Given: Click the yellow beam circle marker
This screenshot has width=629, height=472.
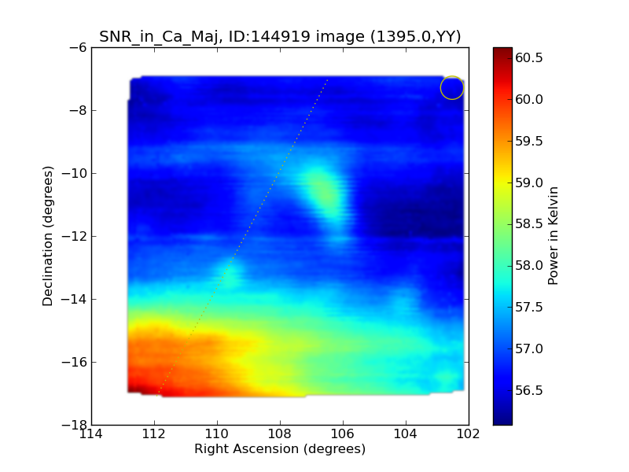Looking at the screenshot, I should click(x=452, y=87).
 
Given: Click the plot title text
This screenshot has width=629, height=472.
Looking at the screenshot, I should click(x=280, y=36).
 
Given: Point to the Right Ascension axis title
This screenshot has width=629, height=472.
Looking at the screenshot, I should click(x=280, y=449).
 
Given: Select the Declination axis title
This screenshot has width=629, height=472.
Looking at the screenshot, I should click(x=49, y=236).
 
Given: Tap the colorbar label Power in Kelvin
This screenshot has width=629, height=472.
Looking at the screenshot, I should click(x=554, y=236).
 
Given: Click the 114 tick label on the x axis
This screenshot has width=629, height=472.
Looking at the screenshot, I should click(x=91, y=434).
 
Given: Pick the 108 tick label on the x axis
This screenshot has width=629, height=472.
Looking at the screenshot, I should click(x=280, y=434).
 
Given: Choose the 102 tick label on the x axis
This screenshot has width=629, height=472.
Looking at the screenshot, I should click(x=469, y=434).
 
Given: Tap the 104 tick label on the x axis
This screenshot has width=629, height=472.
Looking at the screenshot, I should click(x=406, y=434).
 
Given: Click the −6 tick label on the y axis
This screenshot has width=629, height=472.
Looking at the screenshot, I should click(x=77, y=47).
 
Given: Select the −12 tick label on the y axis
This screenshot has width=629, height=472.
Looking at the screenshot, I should click(x=74, y=236).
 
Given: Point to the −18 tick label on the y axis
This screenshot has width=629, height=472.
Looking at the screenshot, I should click(x=74, y=425).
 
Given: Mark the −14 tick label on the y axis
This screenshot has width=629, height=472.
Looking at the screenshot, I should click(x=74, y=299).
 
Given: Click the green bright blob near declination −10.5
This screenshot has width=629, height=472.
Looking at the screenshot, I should click(x=322, y=191).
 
